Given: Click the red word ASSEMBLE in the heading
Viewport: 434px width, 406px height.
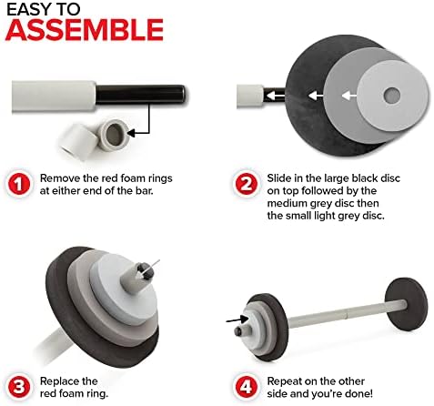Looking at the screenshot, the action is [x=85, y=30].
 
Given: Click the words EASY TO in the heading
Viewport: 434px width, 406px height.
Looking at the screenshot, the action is [x=44, y=9].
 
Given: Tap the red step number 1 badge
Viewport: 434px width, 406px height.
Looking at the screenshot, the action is [x=19, y=185].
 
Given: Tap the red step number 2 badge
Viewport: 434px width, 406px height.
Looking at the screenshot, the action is [x=246, y=185].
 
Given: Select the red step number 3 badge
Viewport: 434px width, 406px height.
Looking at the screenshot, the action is [x=19, y=388].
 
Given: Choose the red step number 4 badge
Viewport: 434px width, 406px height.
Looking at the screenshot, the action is [x=246, y=388].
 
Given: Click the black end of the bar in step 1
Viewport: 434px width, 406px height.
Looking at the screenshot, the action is [x=140, y=95].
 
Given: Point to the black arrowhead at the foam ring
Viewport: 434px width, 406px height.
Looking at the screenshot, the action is [x=131, y=133].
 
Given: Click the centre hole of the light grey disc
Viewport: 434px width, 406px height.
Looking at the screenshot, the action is [x=391, y=96].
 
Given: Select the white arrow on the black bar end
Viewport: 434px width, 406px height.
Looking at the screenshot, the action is [x=275, y=96].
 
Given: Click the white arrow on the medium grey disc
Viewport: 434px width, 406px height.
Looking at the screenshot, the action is [x=316, y=96].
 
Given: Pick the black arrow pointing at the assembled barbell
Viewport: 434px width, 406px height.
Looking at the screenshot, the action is [x=237, y=320].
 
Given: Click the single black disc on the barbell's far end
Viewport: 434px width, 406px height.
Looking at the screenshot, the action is [x=407, y=304].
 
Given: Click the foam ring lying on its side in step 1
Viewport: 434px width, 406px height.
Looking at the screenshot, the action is [x=78, y=141].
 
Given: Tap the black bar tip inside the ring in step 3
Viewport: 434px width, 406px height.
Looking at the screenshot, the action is [x=146, y=272].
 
